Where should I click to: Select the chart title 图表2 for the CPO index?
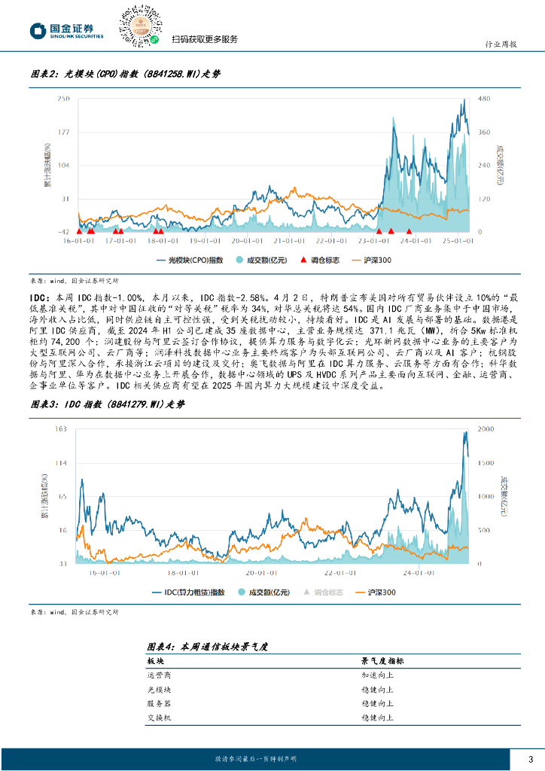click(125, 74)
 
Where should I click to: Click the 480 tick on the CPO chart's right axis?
click(485, 99)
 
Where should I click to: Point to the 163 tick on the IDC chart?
click(63, 429)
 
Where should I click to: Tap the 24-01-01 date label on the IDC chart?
click(419, 571)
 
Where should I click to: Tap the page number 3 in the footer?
click(531, 759)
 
